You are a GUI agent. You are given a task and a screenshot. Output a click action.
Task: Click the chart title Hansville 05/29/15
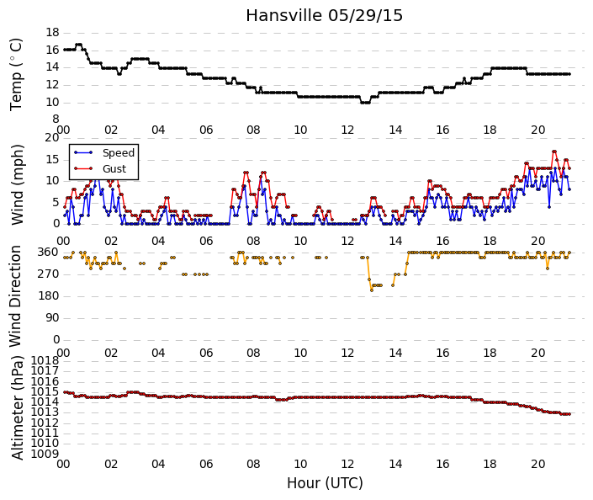pos(324,16)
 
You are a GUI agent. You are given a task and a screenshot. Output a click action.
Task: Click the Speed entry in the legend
pos(119,153)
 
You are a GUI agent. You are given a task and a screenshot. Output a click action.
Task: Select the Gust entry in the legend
pos(114,169)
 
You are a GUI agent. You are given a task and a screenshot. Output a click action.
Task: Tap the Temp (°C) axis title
pos(16,75)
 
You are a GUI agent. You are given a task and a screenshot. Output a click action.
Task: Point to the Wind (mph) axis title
pos(17,184)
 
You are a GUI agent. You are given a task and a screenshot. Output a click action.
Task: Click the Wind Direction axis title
pos(15,296)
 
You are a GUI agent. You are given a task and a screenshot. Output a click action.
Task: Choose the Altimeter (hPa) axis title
pos(17,407)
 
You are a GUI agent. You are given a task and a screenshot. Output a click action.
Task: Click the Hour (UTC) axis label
pos(325,483)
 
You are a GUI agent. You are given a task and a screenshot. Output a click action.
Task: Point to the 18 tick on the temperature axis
pos(52,33)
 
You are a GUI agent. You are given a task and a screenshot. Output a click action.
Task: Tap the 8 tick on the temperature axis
pos(56,120)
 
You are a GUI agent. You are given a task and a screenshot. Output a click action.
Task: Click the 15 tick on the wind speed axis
pos(52,159)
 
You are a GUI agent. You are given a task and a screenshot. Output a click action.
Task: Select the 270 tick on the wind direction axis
pos(49,274)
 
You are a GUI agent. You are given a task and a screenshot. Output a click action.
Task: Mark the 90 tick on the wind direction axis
pos(52,317)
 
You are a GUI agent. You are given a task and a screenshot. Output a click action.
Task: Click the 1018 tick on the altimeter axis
pos(45,361)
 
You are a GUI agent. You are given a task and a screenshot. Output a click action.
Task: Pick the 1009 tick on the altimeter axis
pos(45,454)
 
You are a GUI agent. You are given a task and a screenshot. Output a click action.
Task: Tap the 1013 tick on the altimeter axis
pos(45,412)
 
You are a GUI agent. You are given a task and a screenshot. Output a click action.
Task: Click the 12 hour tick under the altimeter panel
pos(348,464)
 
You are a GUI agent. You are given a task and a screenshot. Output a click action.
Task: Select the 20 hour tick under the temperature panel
pos(537,130)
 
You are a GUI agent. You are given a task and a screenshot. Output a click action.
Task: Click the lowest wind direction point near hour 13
pos(372,290)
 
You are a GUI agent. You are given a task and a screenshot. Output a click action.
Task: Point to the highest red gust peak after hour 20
pos(554,152)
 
